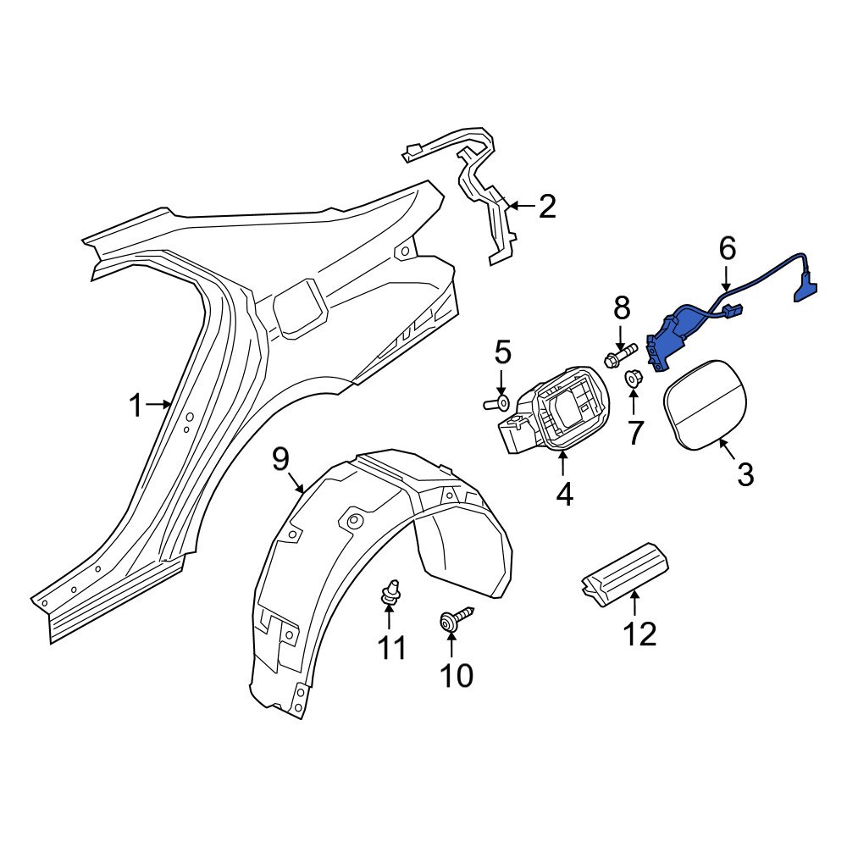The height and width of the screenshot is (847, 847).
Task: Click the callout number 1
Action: pos(136,406)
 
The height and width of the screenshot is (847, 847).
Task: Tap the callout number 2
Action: pos(547,206)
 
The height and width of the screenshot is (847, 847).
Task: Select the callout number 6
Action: pos(727,249)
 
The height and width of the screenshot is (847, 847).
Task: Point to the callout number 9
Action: pos(280,460)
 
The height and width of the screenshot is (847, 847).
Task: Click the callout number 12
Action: pos(639,633)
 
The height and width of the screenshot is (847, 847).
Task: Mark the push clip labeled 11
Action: pos(389,592)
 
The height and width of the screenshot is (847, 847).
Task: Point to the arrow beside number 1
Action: pos(159,405)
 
